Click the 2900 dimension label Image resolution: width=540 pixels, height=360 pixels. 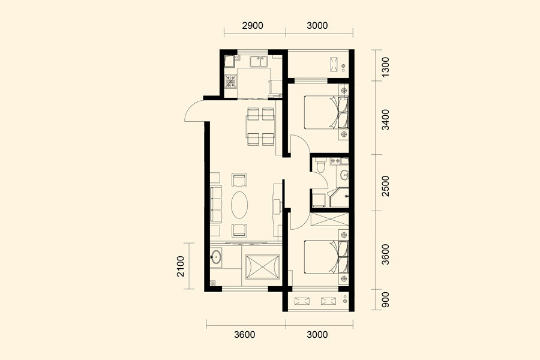point(253,25)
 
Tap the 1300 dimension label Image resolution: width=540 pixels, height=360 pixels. point(385,67)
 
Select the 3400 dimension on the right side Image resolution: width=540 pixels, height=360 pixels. point(385,119)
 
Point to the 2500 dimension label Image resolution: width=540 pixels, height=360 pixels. point(385,186)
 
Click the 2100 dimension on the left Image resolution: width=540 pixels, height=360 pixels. point(181,266)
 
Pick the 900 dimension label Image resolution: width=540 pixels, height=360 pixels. point(385,300)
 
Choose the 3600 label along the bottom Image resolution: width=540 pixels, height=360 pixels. point(245,335)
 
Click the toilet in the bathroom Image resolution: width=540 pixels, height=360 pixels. point(320,165)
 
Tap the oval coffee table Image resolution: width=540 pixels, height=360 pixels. point(239,205)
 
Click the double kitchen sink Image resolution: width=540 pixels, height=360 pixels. point(259,62)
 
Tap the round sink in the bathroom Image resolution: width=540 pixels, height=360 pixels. point(344,175)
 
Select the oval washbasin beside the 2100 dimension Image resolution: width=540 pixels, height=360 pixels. point(216,257)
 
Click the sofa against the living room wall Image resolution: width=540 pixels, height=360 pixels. point(216,205)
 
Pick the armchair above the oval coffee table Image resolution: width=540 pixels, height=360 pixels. point(239,179)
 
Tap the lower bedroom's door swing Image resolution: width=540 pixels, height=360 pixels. point(297,220)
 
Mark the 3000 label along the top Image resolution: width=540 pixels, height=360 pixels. point(317,25)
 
